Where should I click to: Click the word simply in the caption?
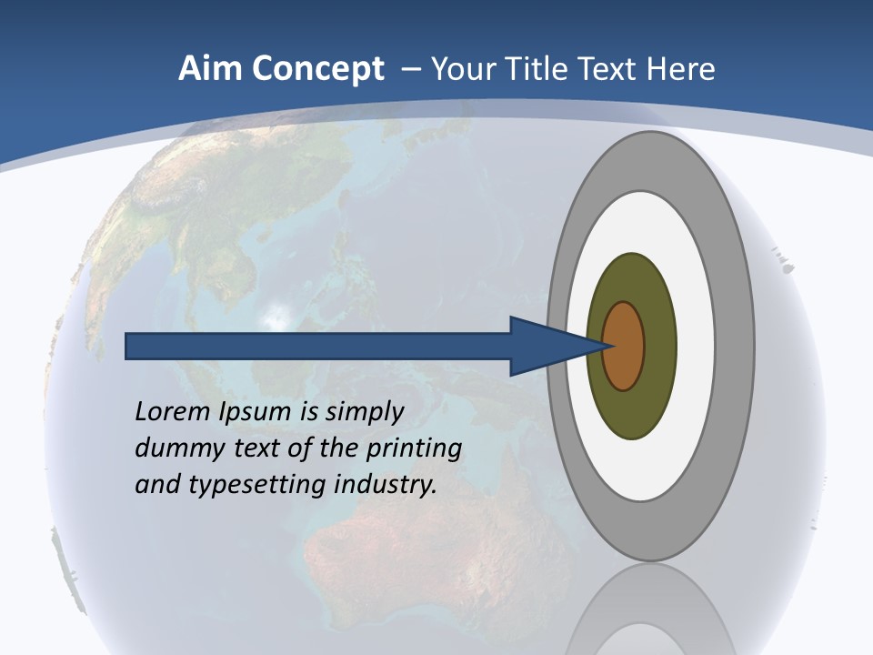[364, 412]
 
